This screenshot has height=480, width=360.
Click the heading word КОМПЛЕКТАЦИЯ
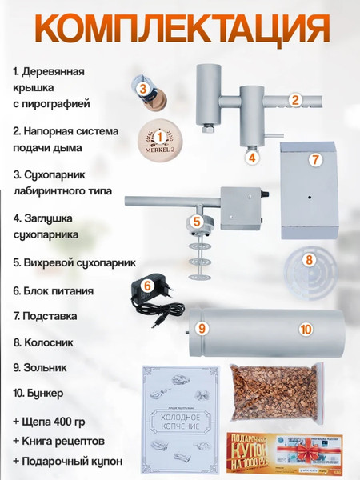(180, 30)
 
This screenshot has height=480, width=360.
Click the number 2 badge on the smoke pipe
(294, 100)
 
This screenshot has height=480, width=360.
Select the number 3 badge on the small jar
(141, 90)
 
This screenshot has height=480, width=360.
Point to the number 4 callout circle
(251, 158)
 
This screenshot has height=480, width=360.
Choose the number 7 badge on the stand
(315, 159)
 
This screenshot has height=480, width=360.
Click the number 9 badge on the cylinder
(202, 328)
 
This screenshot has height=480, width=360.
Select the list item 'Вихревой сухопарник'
(74, 262)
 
